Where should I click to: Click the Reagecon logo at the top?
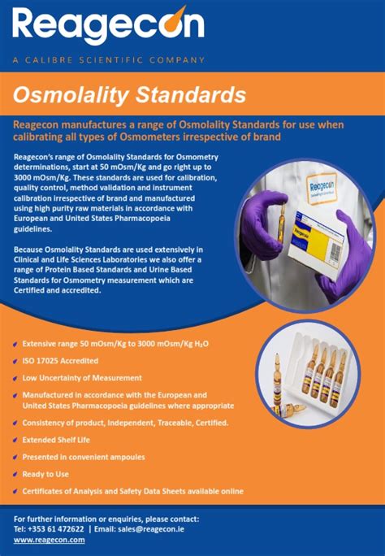(x=107, y=28)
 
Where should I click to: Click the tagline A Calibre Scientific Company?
(x=108, y=59)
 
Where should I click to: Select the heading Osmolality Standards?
(x=129, y=95)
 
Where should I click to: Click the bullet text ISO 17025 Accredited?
(x=61, y=360)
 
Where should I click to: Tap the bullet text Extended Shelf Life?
(x=57, y=439)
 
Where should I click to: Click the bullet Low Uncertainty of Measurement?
(x=81, y=377)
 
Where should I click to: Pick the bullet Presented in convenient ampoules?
(x=84, y=456)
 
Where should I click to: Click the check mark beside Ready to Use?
(x=16, y=473)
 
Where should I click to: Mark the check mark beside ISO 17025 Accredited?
(x=16, y=360)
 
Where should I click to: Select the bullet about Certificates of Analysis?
(x=132, y=490)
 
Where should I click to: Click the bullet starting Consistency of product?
(x=125, y=423)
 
